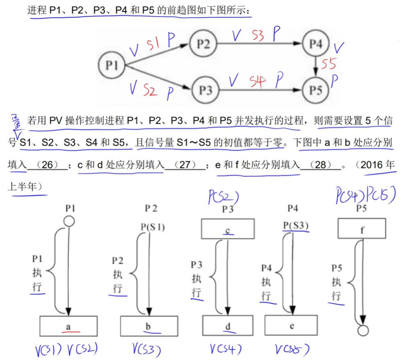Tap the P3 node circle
point(206,89)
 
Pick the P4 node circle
point(316,44)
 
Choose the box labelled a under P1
point(69,326)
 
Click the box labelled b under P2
point(148,326)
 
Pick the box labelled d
point(228,326)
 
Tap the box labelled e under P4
point(291,326)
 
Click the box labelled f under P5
point(362,229)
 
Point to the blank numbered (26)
point(47,165)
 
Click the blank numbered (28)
point(320,165)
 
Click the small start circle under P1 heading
point(69,222)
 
